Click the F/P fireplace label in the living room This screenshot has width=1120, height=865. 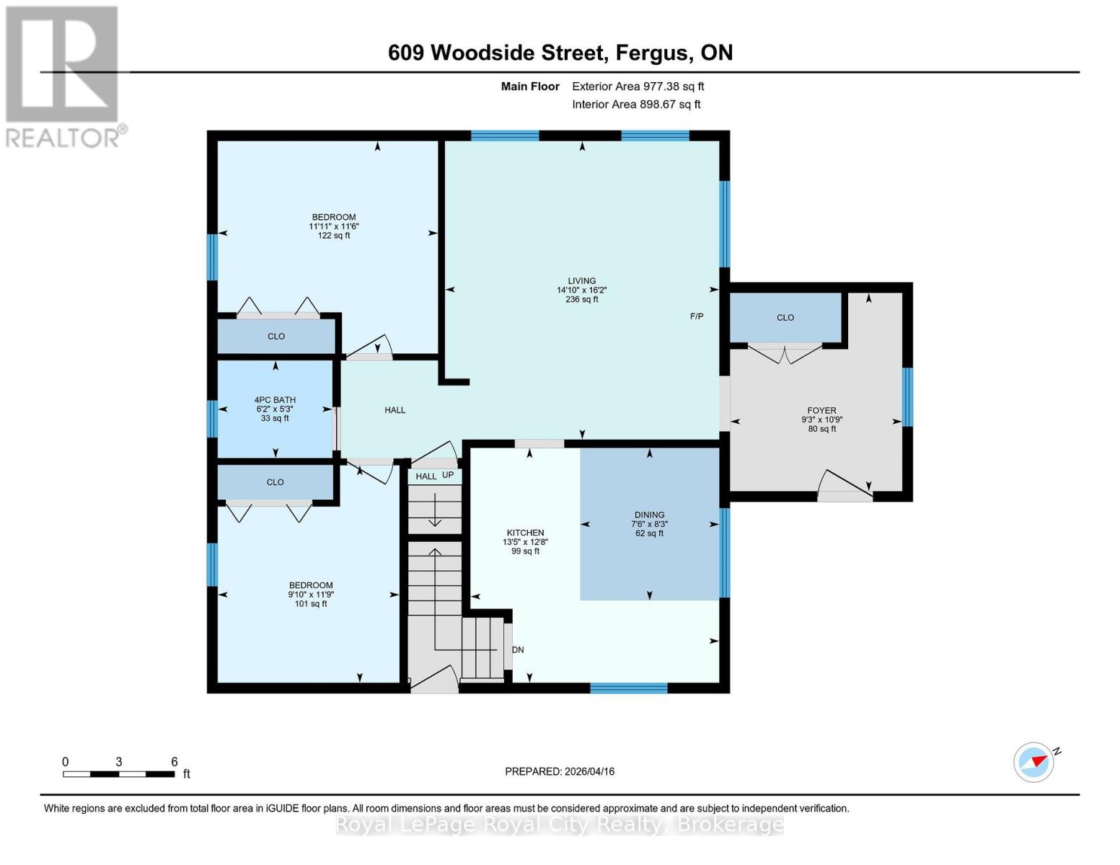pos(697,316)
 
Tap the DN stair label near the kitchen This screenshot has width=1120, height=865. pos(518,649)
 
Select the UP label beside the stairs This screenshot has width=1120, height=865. pos(448,475)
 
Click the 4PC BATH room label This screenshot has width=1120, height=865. pos(275,400)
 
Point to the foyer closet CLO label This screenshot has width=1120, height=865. pos(785,318)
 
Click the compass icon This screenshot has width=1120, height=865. pos(1034,762)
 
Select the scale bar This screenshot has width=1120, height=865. pos(119,774)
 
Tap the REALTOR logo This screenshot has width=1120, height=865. pos(63,76)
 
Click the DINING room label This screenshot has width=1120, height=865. pos(650,515)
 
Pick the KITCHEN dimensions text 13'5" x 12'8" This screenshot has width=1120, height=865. pos(525,542)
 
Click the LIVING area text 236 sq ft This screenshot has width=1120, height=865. pos(582,299)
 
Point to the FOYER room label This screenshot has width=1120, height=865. pos(822,411)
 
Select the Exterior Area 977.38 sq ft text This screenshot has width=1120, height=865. pos(638,86)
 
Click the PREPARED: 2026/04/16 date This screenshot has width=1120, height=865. pos(560,771)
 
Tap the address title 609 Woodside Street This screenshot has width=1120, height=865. pos(560,53)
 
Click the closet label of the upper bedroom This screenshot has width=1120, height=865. pos(276,337)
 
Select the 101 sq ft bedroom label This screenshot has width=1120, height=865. pos(311,603)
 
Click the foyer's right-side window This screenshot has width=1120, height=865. pos(908,397)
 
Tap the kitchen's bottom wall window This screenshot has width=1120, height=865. pos(629,688)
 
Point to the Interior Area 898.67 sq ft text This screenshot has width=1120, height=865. pos(636,105)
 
